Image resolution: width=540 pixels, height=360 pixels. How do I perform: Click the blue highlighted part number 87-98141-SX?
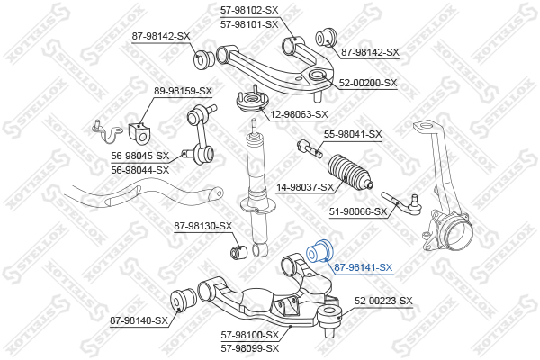click(364, 267)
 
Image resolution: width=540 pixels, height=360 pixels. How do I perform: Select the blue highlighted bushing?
click(319, 251)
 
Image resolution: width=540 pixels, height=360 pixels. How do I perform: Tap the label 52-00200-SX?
click(368, 83)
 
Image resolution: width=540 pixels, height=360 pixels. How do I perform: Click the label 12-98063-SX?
click(299, 114)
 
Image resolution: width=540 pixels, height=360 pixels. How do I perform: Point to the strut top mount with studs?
click(252, 101)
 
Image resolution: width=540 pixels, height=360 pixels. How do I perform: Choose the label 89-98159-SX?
click(183, 91)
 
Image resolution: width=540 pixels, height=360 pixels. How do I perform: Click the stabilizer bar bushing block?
click(139, 132)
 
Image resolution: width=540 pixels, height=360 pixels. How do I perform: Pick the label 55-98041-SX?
click(353, 134)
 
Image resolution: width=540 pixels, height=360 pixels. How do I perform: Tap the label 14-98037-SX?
click(305, 188)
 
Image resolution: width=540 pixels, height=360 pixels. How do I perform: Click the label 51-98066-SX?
click(358, 211)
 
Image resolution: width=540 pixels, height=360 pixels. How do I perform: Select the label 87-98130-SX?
click(203, 226)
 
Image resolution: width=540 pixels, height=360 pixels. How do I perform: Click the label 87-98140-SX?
click(139, 320)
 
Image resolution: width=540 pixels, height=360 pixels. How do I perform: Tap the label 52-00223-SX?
click(383, 301)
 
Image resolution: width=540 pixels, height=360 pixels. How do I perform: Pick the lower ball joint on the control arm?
click(328, 318)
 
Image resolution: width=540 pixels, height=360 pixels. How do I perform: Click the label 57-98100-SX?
click(249, 335)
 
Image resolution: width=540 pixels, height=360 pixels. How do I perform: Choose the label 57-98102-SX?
click(249, 10)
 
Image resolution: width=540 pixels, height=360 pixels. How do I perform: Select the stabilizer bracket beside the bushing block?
click(108, 131)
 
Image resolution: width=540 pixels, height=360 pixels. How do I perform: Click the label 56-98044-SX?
click(140, 170)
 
